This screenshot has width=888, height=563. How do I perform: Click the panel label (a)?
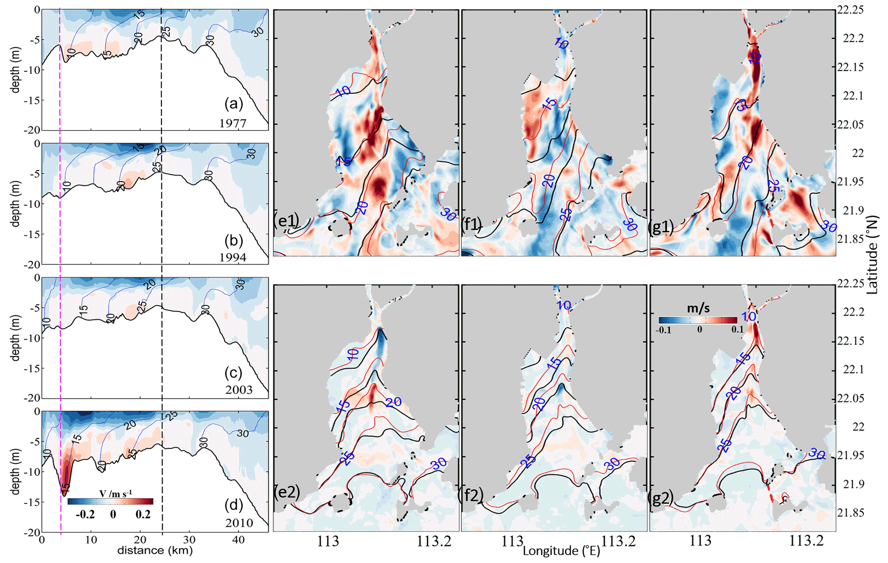[x=234, y=104]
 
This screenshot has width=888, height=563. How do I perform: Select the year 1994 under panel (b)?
[x=233, y=257]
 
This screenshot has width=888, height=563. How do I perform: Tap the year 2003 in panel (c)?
[x=239, y=390]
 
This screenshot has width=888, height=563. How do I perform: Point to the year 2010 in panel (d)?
[x=239, y=523]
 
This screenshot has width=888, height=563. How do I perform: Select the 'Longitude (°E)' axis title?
[x=561, y=551]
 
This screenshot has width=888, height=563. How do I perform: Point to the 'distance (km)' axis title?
[x=155, y=550]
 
